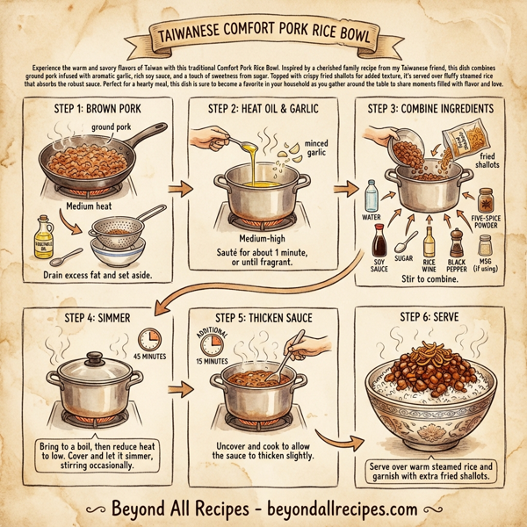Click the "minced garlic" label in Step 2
[x=313, y=148]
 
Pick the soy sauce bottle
[x=380, y=240]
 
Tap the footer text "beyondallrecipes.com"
[x=352, y=507]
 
